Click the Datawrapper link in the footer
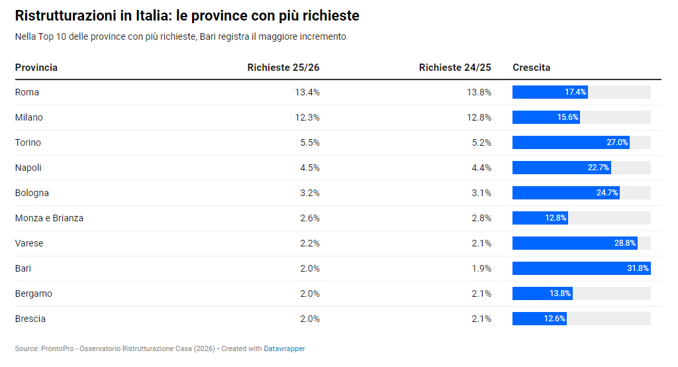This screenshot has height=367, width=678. pos(284,348)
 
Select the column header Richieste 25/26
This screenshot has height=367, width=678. pos(283,68)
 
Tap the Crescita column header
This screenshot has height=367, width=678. pos(531,68)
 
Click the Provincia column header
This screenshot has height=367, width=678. pos(36,68)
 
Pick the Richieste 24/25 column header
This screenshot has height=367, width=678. pos(455,68)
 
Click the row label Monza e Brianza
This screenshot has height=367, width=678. pos(49,218)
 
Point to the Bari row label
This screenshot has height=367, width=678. pos(23,268)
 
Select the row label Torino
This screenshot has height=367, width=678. pos(28,142)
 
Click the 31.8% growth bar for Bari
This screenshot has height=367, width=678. pos(581,268)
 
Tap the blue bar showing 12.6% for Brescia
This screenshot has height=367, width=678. pos(539,319)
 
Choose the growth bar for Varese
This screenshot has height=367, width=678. pos(574,243)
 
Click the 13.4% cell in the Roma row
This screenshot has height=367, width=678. pos(307,92)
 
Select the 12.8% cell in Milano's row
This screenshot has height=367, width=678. pos(479,117)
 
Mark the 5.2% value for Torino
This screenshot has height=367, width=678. pos(481,142)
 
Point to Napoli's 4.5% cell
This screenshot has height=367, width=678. pos(310,168)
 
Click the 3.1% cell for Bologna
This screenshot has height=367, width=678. pos(481,193)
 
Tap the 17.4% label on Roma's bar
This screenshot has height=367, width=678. pos(575,92)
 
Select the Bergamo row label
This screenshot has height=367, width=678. pos(34,293)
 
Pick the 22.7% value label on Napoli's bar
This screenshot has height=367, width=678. pos(598,168)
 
